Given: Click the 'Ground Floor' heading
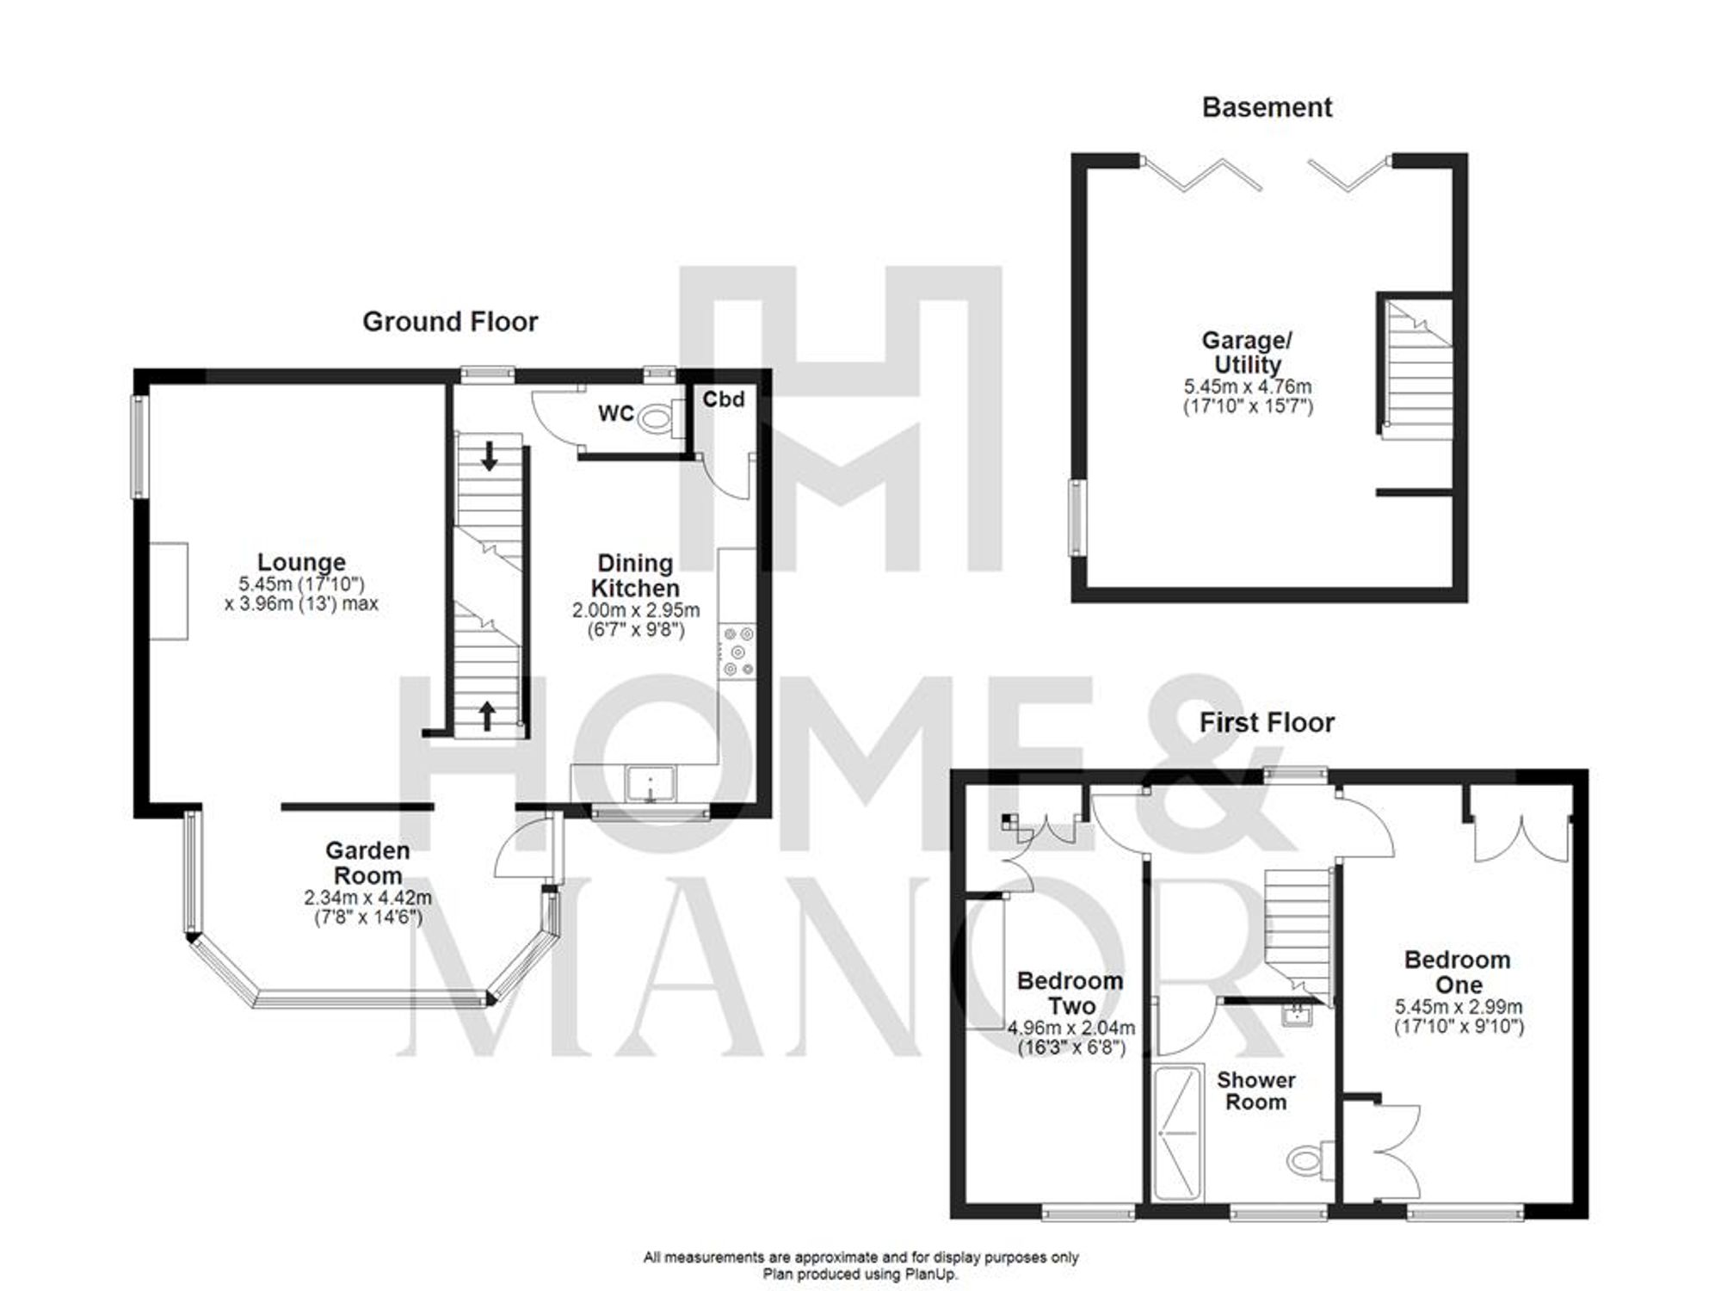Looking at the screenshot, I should (450, 322).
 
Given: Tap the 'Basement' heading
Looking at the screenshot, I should (1267, 108).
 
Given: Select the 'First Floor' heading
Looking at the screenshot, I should (1267, 723).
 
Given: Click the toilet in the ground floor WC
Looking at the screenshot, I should (658, 420).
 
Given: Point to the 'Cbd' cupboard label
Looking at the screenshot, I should (723, 399).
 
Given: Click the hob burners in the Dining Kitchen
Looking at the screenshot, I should (737, 651).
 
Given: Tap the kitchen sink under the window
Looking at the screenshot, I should (651, 783).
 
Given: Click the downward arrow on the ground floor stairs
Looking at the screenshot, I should (489, 455).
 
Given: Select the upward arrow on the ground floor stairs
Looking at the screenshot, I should (487, 715).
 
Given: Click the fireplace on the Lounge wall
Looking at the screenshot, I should (170, 590).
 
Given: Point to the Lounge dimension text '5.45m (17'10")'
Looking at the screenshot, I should (302, 584).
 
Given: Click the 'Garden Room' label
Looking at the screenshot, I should (367, 862).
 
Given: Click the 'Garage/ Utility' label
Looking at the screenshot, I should (1248, 352).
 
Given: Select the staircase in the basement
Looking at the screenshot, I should (1418, 370).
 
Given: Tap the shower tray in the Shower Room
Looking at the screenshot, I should (1177, 1133).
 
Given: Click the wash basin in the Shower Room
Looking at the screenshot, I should (1296, 1016).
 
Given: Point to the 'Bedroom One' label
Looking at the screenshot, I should (1458, 972).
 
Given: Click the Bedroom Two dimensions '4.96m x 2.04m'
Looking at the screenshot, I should (1071, 1028).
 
